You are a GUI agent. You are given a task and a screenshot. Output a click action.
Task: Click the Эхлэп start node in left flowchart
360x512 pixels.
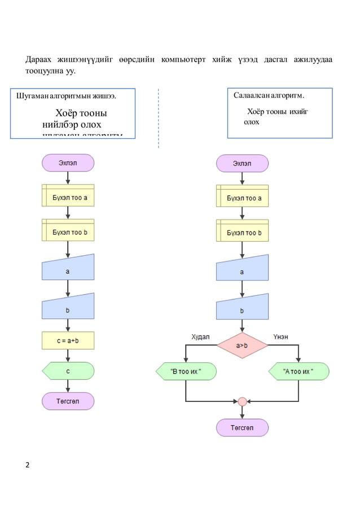[68, 163]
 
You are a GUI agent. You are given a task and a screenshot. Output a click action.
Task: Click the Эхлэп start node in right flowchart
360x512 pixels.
[242, 163]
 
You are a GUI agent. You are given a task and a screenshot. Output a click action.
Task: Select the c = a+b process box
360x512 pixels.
[68, 340]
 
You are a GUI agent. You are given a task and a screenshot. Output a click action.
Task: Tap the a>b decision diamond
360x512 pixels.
[242, 345]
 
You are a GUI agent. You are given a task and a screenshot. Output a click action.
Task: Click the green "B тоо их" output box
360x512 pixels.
[186, 371]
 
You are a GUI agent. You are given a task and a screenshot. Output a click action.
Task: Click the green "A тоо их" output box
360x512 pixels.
[298, 371]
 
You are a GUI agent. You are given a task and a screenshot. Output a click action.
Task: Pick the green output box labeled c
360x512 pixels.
[68, 371]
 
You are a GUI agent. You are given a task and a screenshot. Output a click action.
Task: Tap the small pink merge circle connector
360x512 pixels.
[242, 401]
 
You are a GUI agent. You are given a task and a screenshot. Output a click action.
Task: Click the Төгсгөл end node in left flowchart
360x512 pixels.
[68, 401]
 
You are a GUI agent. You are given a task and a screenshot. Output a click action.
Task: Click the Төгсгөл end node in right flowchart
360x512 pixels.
[242, 427]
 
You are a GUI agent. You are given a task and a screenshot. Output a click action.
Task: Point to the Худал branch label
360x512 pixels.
[200, 336]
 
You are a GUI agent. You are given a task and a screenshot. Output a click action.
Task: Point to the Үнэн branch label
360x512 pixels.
[280, 336]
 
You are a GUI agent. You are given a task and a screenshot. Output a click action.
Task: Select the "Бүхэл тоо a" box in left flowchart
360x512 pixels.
[68, 198]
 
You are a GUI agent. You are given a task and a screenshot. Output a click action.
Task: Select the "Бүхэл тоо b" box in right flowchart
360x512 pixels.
[242, 231]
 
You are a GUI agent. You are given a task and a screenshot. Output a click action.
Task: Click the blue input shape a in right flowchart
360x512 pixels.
[242, 271]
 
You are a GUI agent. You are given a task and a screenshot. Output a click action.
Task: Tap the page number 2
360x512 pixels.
[28, 465]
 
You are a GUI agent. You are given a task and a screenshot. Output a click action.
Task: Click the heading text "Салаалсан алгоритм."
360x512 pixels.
[269, 95]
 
